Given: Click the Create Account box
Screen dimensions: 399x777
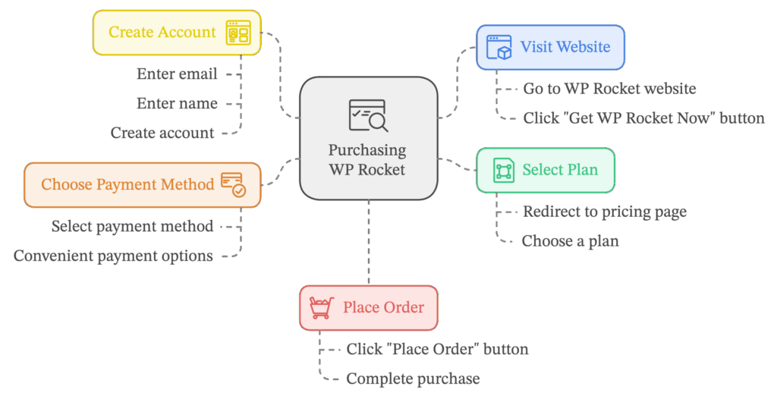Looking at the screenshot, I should pos(176,33).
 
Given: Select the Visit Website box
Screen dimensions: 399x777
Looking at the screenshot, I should pos(550,47).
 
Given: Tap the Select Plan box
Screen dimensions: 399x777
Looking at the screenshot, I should pos(545,170).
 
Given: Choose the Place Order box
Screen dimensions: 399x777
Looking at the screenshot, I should pos(368,308).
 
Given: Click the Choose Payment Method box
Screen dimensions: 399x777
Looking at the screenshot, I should pos(143,184).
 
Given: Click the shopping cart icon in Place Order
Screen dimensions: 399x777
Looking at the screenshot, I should pos(322,308).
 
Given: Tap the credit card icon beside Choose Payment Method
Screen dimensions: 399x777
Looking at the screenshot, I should pos(233,184).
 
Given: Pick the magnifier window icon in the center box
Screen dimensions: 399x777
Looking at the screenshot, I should pos(368,116).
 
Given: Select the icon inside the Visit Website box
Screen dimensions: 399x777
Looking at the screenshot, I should pos(499,47).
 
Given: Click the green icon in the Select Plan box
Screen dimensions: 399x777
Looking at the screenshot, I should pos(502,170).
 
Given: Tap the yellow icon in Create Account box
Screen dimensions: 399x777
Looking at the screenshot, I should pos(238,33).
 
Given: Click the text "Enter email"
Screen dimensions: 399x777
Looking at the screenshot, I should pos(177,74).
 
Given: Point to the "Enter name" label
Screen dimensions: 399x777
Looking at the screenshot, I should pos(177,103).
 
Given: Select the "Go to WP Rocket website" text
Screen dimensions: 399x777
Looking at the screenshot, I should pos(609,89).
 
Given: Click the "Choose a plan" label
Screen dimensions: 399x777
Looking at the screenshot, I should pos(570,241).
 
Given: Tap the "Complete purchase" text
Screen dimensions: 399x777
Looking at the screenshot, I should pos(413,378).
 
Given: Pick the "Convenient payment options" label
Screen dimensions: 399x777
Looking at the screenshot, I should pos(113,256).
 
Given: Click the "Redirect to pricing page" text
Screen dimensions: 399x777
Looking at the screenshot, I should pos(605,212).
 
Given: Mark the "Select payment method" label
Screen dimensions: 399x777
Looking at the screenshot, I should pos(132,226).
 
